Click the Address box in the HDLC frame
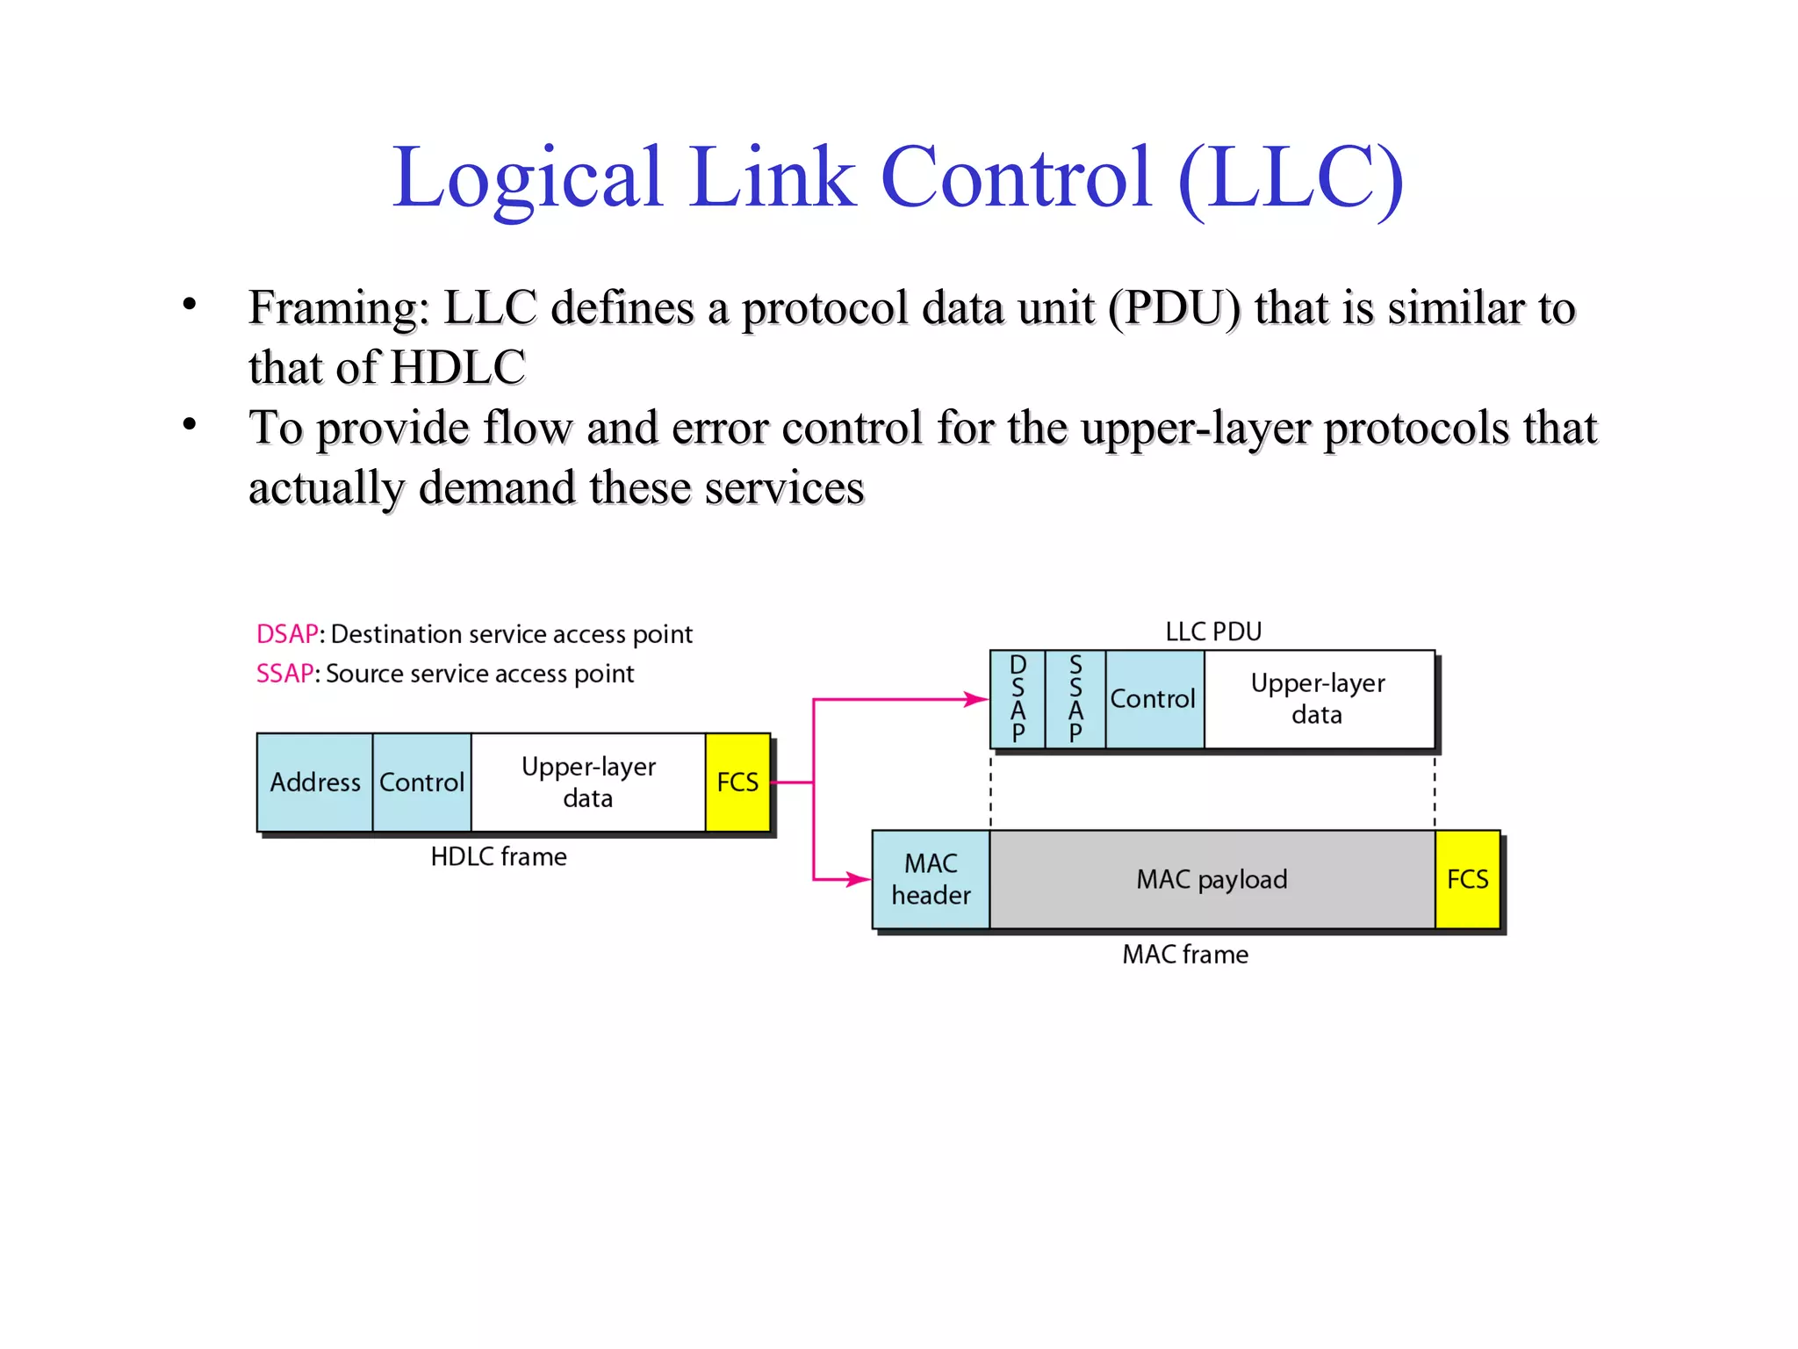pos(314,782)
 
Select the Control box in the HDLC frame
pos(421,782)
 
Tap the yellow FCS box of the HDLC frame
pos(737,782)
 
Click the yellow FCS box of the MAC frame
pos(1467,879)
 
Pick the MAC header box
pos(931,879)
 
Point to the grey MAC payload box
pos(1212,879)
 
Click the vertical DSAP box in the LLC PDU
pos(1018,699)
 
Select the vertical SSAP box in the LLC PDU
pos(1075,699)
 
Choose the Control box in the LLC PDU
pos(1154,699)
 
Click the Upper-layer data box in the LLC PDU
pos(1318,699)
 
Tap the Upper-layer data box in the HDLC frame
pos(588,782)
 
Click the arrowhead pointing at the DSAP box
pos(978,699)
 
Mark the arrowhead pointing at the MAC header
pos(859,879)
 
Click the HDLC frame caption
pos(499,857)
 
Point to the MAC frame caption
pos(1185,955)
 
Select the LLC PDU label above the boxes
pos(1213,631)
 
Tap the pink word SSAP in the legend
pos(284,674)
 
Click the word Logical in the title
pos(527,178)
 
